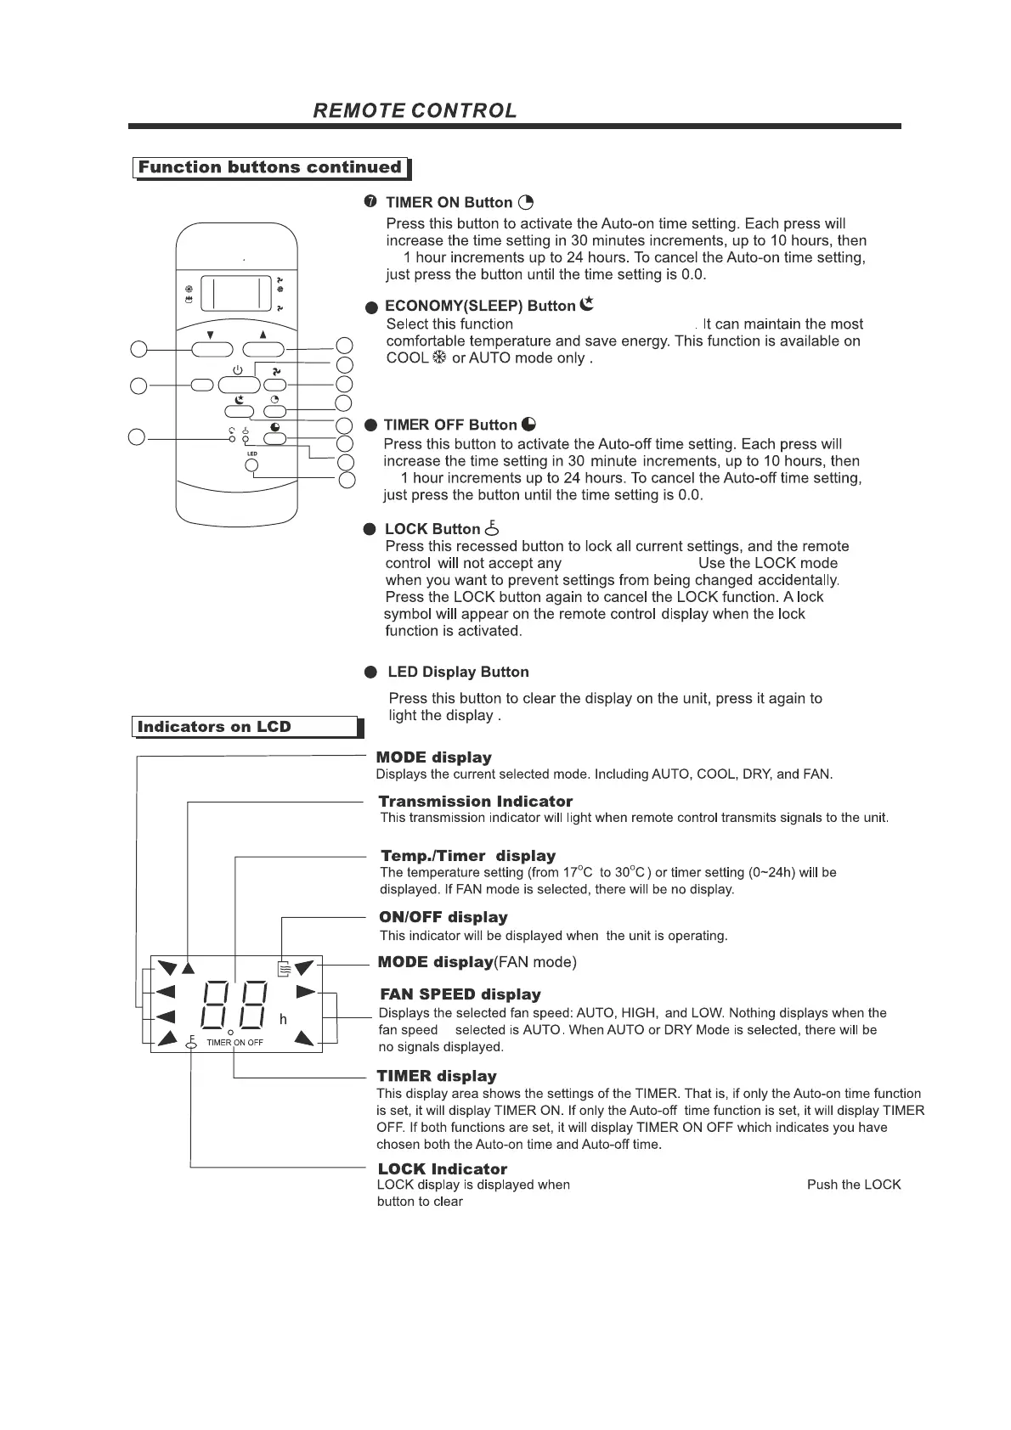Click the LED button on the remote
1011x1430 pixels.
[x=251, y=465]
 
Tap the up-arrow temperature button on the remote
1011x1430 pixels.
[x=263, y=349]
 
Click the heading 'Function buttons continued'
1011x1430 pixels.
[x=270, y=167]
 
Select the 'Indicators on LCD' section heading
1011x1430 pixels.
[x=214, y=727]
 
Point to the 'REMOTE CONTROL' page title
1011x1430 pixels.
[x=415, y=111]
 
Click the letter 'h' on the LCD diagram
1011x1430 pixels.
[x=283, y=1019]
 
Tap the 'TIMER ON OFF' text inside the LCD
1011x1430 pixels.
[x=234, y=1042]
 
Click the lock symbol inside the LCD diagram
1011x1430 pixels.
[x=191, y=1044]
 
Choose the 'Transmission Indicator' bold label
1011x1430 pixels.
[x=475, y=802]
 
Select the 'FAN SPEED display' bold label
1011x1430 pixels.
[x=460, y=994]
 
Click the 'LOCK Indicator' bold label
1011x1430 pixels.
[x=442, y=1169]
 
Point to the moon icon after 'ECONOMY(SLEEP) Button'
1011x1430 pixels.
[x=586, y=304]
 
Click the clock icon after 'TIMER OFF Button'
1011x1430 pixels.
[x=528, y=425]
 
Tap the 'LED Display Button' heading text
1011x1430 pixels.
[x=458, y=673]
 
